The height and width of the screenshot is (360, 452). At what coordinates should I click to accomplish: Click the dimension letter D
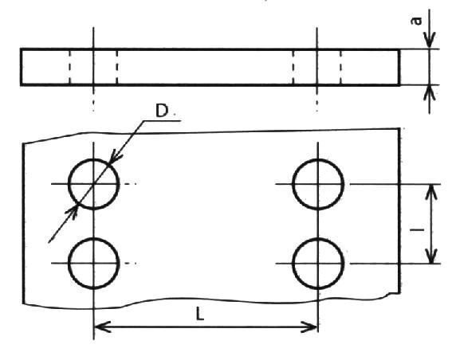pyautogui.click(x=161, y=111)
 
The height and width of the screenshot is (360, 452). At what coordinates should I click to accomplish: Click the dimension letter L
pyautogui.click(x=200, y=314)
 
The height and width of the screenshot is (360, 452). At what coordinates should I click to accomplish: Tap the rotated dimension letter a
pyautogui.click(x=416, y=21)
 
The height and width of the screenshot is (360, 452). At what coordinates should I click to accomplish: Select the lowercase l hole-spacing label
pyautogui.click(x=417, y=229)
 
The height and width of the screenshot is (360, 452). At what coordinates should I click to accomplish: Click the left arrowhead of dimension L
pyautogui.click(x=102, y=327)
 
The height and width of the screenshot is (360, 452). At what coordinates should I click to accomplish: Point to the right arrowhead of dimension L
pyautogui.click(x=309, y=327)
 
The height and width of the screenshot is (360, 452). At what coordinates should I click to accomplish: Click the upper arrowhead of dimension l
pyautogui.click(x=431, y=192)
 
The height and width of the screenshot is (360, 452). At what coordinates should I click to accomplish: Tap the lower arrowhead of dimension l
pyautogui.click(x=431, y=256)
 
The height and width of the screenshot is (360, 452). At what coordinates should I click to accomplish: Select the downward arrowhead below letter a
pyautogui.click(x=430, y=41)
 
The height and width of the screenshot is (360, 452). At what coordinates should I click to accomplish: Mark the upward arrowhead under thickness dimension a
pyautogui.click(x=430, y=93)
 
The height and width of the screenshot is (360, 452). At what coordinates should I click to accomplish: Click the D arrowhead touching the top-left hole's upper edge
pyautogui.click(x=116, y=155)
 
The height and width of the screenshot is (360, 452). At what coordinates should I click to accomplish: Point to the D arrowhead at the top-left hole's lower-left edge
pyautogui.click(x=72, y=211)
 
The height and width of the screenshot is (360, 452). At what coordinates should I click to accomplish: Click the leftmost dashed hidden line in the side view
pyautogui.click(x=70, y=68)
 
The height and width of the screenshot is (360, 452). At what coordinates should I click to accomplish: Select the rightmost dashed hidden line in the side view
pyautogui.click(x=340, y=68)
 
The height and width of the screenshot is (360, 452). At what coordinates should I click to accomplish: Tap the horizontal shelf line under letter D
pyautogui.click(x=162, y=121)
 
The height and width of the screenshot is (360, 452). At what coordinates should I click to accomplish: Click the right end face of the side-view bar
pyautogui.click(x=399, y=68)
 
